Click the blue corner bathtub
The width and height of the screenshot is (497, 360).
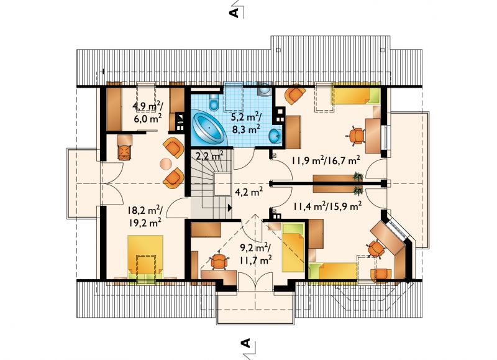point(210,128)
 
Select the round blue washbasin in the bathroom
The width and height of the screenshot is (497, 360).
point(275,137)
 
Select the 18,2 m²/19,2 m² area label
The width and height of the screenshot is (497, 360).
point(145,216)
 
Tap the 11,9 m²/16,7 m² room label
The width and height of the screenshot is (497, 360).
point(326,160)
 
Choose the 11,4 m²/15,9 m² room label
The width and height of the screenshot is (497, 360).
point(327,207)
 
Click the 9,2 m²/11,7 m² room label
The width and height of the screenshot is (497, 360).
point(256,254)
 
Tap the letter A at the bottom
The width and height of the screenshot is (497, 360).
point(245,343)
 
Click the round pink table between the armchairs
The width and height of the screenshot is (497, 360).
point(166,164)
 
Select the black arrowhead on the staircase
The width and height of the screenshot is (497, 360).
point(229,208)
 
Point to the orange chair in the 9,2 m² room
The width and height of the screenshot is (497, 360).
point(219,261)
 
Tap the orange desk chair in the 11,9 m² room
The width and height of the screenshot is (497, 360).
point(356,136)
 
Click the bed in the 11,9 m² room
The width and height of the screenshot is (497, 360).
point(355,95)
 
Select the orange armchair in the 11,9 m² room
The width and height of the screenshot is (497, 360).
point(294,94)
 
